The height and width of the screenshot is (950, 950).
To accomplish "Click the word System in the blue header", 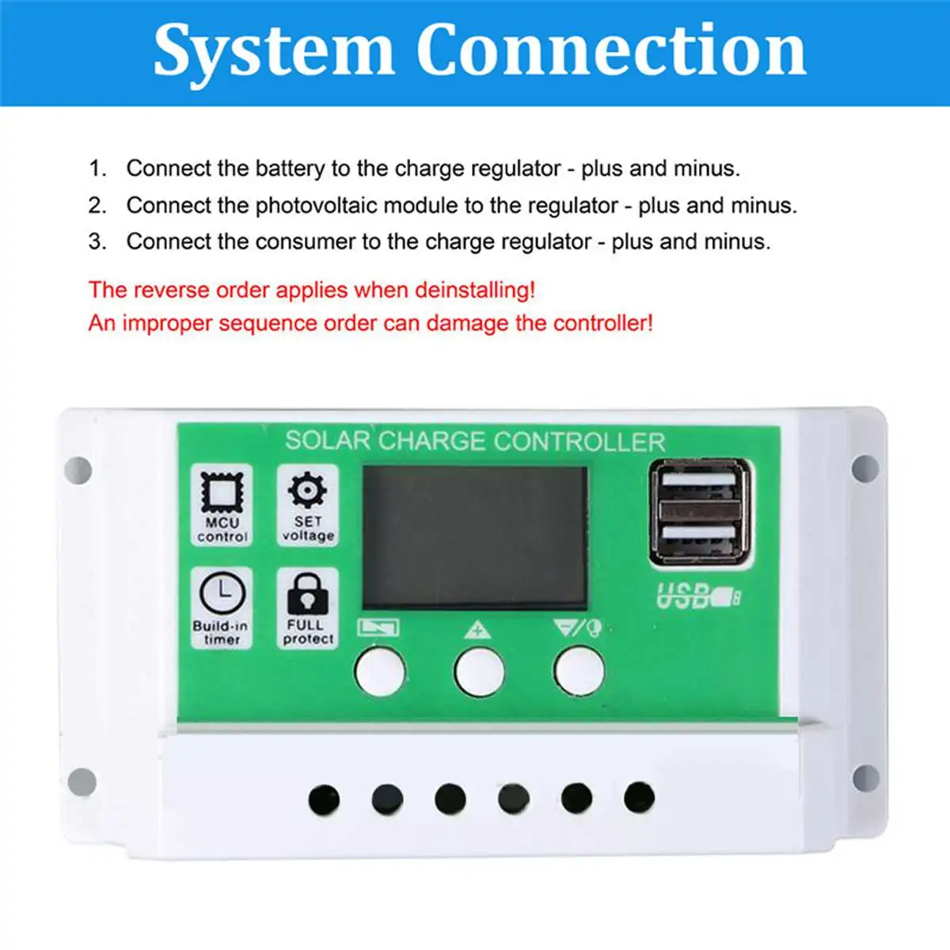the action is point(273,51).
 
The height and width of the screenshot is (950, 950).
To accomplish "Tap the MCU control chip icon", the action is point(222,493).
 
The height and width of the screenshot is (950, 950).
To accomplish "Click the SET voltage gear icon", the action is point(307,491).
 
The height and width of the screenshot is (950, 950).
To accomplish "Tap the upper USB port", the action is point(700,482).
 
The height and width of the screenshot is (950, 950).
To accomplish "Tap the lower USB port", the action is point(700,534).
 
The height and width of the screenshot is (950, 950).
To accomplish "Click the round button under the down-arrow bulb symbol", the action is point(579,671).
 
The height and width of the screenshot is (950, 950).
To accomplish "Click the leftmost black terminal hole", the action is point(324,800).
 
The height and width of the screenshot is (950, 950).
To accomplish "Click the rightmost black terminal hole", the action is point(639,798).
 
